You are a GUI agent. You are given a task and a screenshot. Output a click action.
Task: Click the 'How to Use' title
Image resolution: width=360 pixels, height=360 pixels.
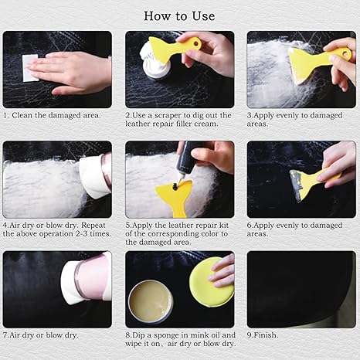[x=179, y=15]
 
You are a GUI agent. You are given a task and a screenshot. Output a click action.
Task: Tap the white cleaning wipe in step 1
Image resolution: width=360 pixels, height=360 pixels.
[x=29, y=68]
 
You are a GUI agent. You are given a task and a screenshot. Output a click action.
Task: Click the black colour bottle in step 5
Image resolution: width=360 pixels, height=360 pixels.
[x=185, y=163]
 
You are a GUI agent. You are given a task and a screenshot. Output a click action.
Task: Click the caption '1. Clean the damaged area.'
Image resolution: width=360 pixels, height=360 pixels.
[x=52, y=114]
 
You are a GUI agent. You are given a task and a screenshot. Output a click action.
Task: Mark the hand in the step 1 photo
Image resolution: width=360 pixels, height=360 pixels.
[x=73, y=71]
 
